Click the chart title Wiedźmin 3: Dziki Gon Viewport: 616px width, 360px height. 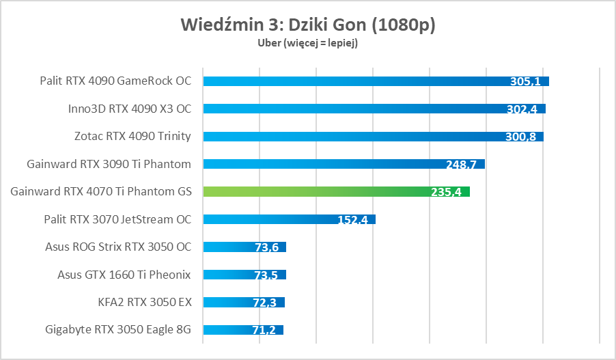[x=308, y=25]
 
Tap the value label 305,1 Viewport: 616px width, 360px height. [x=525, y=81]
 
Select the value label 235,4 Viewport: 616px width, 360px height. [x=446, y=192]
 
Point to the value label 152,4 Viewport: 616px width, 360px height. [x=352, y=220]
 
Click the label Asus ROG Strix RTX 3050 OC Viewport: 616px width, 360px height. [x=118, y=247]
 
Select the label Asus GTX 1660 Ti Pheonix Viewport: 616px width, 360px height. [x=124, y=275]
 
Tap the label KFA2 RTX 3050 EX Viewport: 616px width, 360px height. [x=144, y=302]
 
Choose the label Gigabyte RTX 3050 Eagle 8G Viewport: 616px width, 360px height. [x=118, y=330]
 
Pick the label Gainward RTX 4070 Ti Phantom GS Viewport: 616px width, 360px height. [x=101, y=192]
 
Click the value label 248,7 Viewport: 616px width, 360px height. [x=461, y=164]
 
